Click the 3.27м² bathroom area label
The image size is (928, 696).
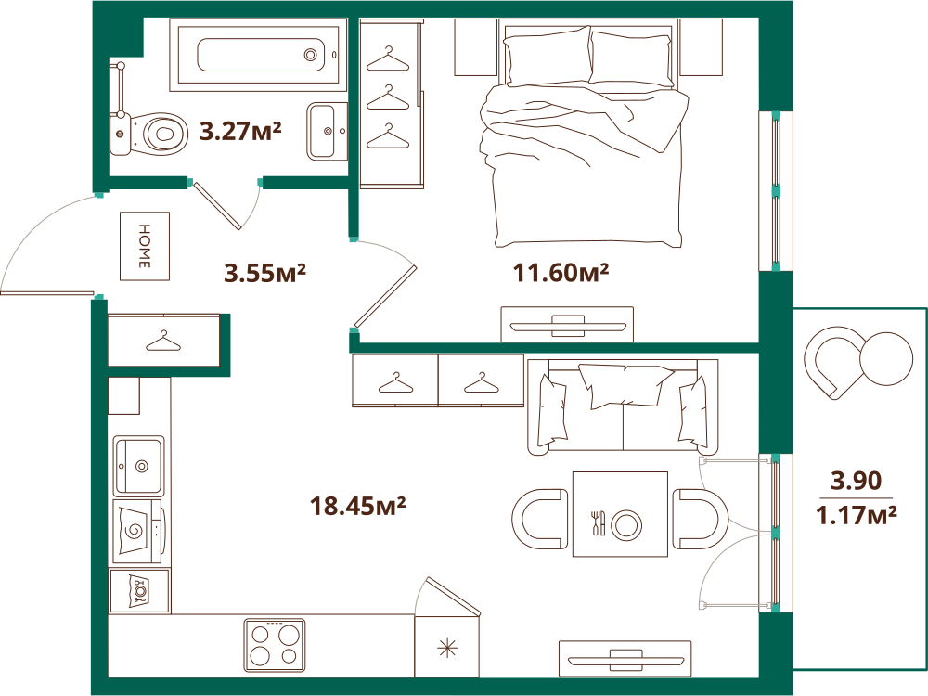coord(240,131)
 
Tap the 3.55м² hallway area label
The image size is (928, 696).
coord(264,273)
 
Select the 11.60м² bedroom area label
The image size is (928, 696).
coord(561,273)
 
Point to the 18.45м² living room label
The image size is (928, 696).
coord(357,506)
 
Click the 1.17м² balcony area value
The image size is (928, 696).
coord(857,515)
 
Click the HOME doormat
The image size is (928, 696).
coord(145,246)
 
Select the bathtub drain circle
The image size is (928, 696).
coord(311,55)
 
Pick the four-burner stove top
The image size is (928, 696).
coord(276,645)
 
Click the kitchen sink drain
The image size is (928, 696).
coord(141,467)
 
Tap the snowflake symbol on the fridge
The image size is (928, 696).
coord(447,650)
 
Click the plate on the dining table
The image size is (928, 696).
coord(626,524)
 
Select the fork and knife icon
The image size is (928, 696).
coord(599,522)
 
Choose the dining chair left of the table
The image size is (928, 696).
coord(540,519)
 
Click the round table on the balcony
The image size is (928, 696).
coord(886,358)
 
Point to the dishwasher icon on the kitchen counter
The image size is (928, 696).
coord(140,590)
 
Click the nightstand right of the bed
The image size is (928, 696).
coord(701,47)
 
